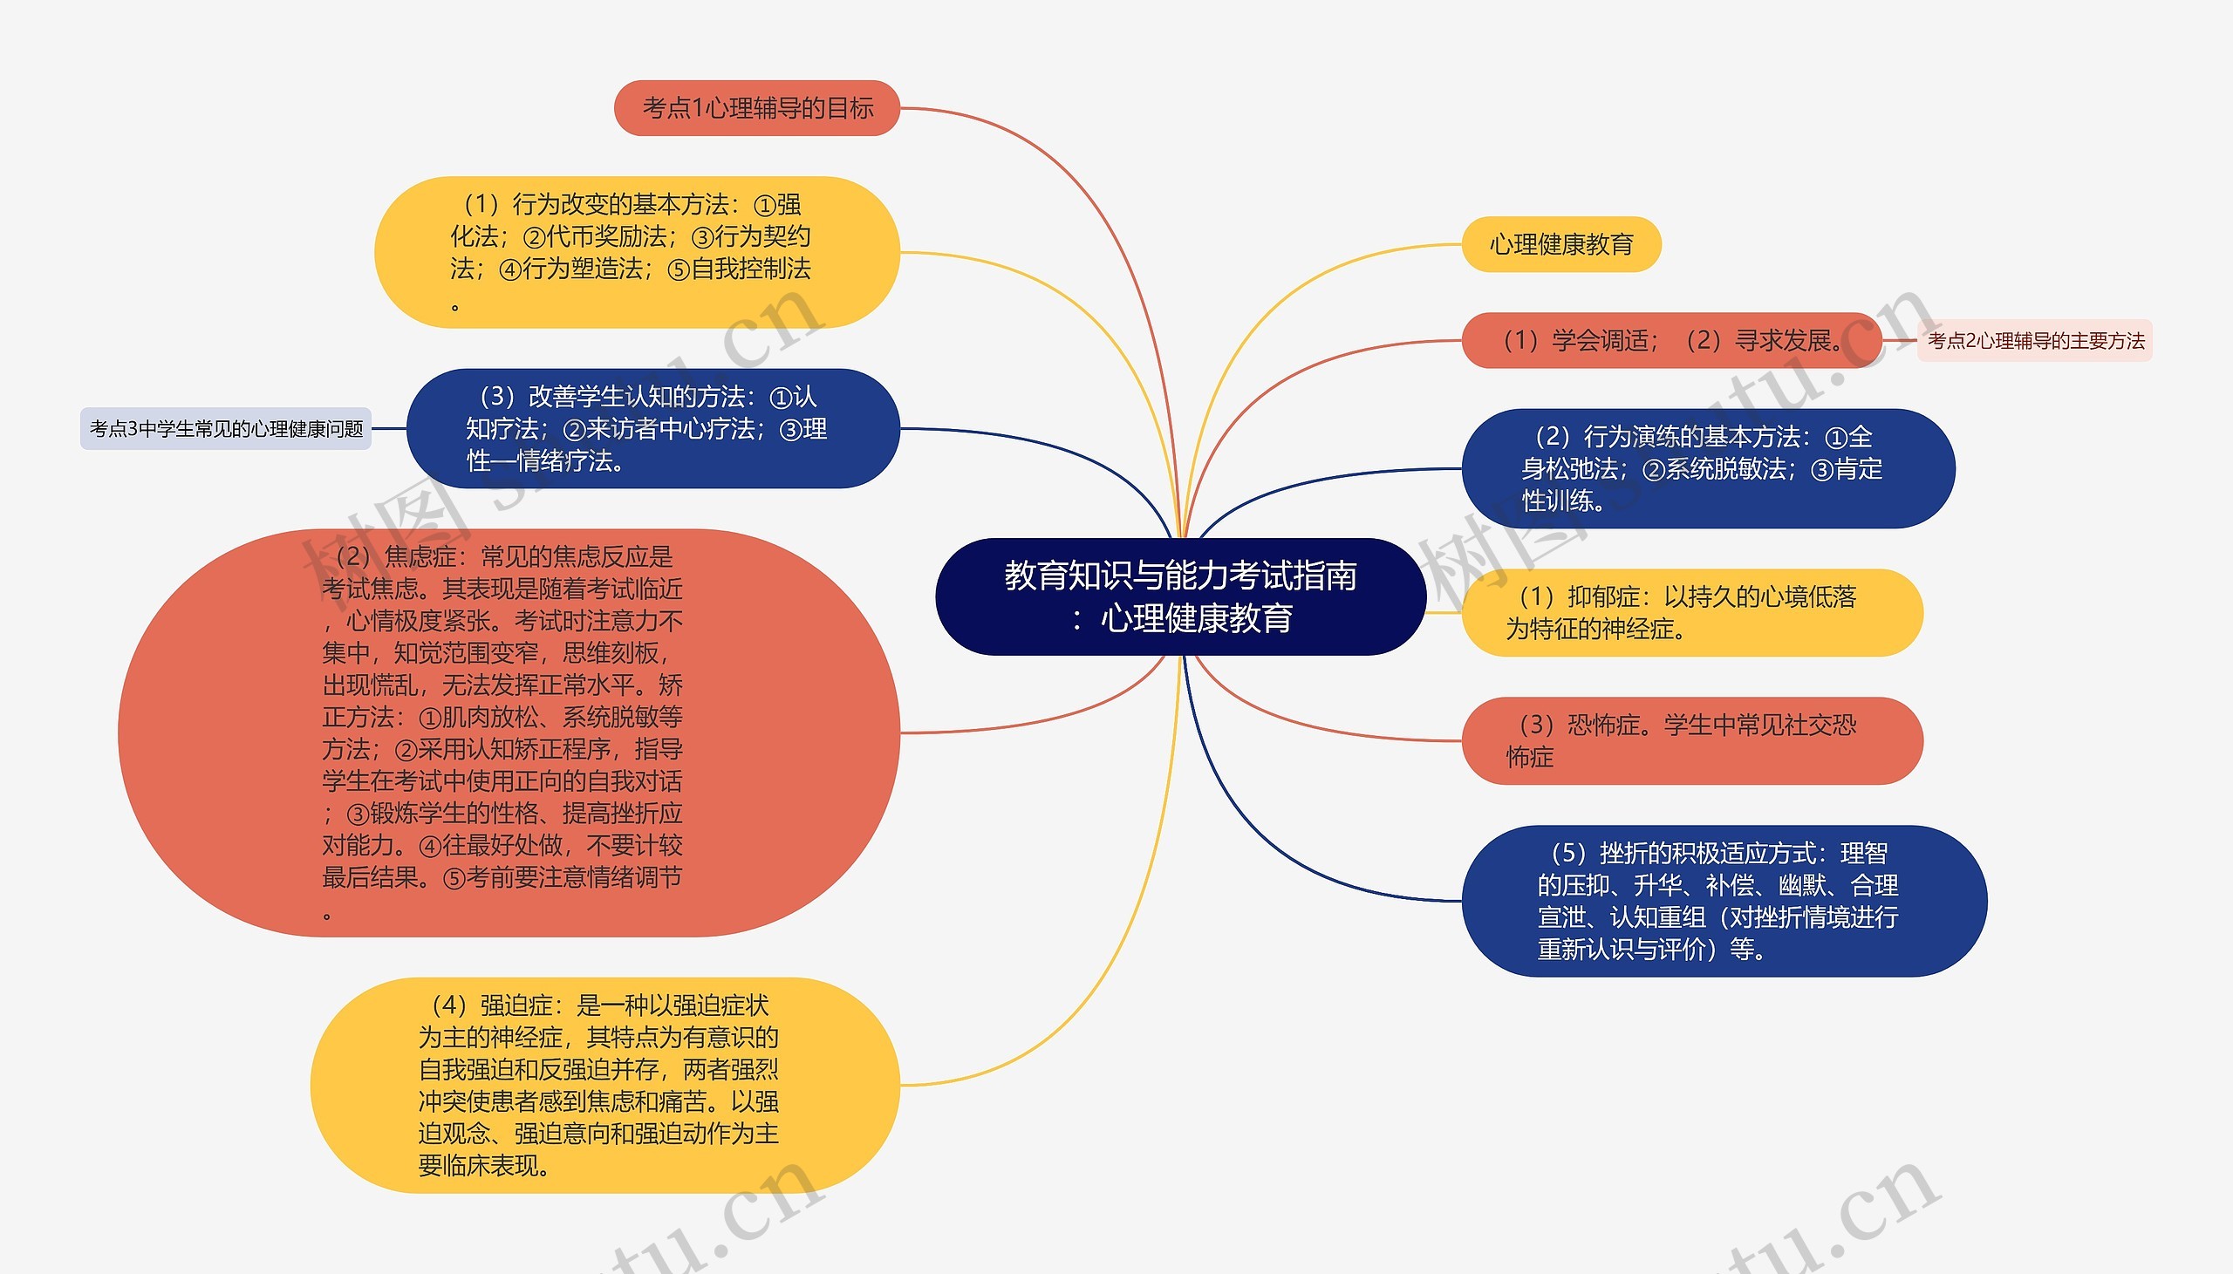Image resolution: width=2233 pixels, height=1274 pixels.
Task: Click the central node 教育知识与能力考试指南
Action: tap(1179, 596)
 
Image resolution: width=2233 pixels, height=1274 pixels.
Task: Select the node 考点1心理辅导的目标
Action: tap(757, 107)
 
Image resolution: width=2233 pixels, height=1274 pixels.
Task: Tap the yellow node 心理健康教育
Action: tap(1561, 244)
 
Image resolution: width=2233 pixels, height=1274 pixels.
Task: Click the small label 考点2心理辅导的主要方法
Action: tap(2035, 340)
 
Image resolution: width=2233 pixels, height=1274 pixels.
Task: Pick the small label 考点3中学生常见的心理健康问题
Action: tap(226, 429)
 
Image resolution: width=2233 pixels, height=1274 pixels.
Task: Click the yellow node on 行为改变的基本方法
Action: tap(636, 252)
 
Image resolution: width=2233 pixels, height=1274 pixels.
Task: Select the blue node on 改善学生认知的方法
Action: tap(652, 429)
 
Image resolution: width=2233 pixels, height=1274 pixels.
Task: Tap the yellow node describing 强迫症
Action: tap(604, 1085)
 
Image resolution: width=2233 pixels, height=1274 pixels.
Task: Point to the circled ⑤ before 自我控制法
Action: tap(678, 269)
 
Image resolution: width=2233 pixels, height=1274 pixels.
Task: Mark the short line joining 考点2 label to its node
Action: tap(1899, 340)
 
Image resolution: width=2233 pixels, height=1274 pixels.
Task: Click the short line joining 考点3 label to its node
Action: tap(388, 429)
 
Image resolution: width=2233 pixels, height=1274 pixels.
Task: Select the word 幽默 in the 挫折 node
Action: tap(1802, 885)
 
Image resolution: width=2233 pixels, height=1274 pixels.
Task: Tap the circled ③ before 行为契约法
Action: tap(702, 237)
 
